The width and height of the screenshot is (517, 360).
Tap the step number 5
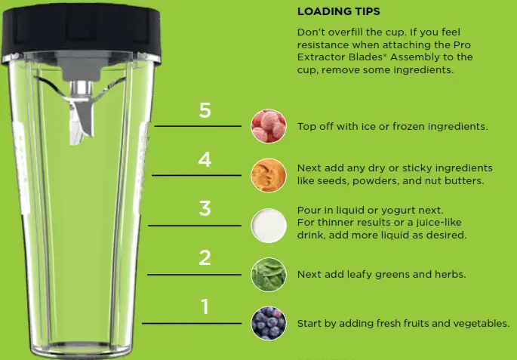[205, 111]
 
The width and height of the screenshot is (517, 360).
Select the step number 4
[205, 160]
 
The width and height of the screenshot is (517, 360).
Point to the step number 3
[205, 208]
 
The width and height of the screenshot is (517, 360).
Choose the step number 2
[205, 257]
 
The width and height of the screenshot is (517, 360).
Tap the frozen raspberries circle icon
[269, 126]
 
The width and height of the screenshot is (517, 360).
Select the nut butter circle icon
[269, 175]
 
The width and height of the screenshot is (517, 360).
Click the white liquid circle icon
[269, 224]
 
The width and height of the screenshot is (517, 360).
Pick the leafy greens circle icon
[269, 273]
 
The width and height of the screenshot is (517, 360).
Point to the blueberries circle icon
[269, 323]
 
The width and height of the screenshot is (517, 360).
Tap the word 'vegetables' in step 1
[481, 324]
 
